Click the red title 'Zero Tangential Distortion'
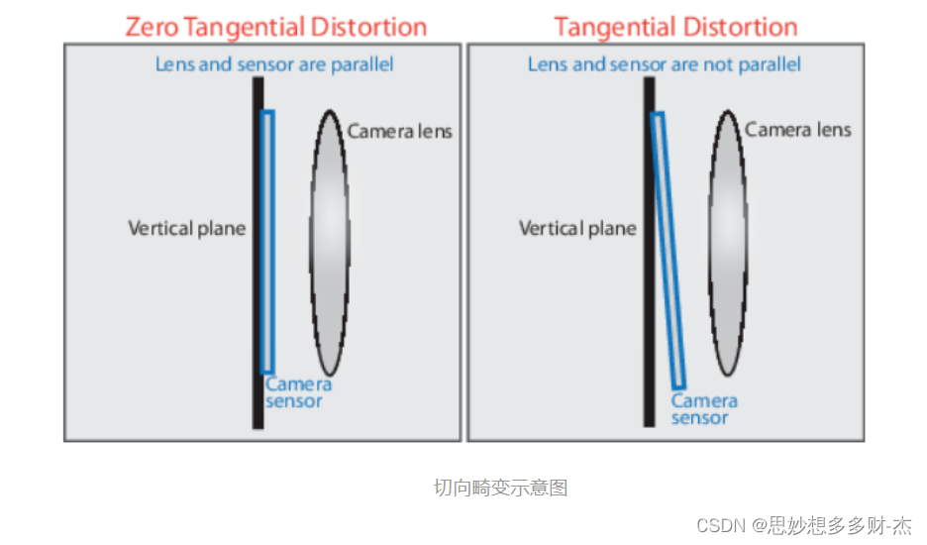pos(276,28)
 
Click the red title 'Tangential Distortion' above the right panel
pos(675,28)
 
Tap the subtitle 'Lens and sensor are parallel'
pos(274,63)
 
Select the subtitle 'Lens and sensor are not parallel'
pos(665,63)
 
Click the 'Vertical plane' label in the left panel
pos(187,229)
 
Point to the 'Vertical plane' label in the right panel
pos(577,229)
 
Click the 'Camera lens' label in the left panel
pos(400,131)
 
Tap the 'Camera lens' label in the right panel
pos(798,130)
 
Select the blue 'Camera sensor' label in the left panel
pos(298,392)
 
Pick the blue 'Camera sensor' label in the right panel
pos(704,409)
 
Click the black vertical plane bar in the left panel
pos(257,253)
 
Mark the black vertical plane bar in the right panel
pos(649,252)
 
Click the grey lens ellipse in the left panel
pos(330,243)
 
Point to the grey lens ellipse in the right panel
pos(728,243)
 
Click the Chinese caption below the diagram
pos(501,488)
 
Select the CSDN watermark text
pos(804,525)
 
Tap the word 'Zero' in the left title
pos(152,28)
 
